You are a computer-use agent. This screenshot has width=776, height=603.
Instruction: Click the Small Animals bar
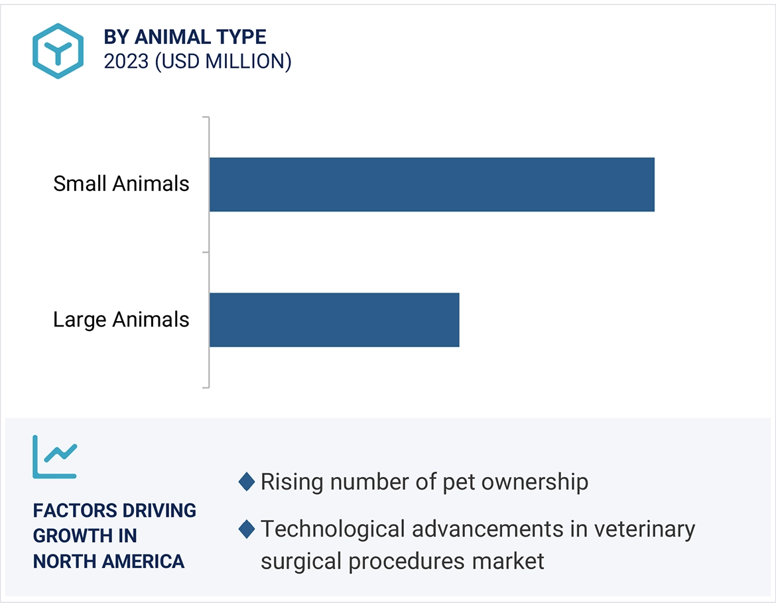coord(432,184)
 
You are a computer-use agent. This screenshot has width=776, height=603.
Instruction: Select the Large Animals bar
coord(334,319)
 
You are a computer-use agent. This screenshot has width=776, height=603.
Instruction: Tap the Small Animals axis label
coord(121,184)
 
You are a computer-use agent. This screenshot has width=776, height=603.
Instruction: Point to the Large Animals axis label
coord(121,320)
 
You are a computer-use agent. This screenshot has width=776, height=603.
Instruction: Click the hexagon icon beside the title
coord(58,51)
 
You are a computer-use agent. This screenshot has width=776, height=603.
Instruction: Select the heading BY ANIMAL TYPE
coord(185,36)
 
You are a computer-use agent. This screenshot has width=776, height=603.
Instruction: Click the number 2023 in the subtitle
coord(126,62)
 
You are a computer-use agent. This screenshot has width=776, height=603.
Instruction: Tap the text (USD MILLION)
coord(223,62)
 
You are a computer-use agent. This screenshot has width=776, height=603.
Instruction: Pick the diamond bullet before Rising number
coord(247,482)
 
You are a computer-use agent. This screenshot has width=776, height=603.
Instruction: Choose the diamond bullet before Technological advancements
coord(247,529)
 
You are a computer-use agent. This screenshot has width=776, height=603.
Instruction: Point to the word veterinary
coord(643,529)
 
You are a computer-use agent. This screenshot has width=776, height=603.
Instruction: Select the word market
coord(508,561)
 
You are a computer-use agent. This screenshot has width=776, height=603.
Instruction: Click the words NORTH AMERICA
coord(109,561)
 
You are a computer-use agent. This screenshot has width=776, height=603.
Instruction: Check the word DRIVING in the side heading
coord(159,511)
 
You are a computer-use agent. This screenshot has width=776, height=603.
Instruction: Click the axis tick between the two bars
coord(206,252)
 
